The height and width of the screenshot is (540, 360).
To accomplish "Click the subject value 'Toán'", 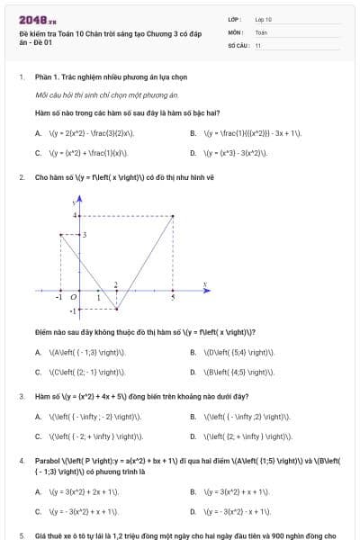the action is click(261, 31).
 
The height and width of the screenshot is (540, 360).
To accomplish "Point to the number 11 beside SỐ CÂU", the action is click(258, 44).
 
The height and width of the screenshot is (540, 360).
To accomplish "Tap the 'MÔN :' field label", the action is click(235, 31).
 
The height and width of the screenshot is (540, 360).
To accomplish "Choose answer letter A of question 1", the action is click(38, 133).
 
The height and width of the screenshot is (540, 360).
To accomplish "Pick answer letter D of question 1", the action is click(193, 153).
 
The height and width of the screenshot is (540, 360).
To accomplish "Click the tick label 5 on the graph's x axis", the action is click(173, 297).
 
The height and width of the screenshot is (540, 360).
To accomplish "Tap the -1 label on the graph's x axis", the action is click(58, 297).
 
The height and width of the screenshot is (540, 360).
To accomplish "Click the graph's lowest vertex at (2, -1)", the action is click(116, 309).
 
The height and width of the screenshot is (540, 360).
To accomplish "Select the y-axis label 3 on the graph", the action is click(84, 234).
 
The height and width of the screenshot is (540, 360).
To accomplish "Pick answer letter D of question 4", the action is click(193, 511).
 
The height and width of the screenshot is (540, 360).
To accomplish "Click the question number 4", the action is click(22, 460).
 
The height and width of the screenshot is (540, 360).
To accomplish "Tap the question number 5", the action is click(22, 535).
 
